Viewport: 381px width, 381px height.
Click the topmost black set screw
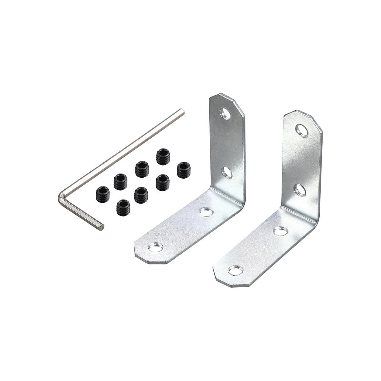pos(163,157)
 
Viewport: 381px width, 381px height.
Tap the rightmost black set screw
pos(183,170)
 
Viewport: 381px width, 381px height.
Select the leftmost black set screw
pos(103,194)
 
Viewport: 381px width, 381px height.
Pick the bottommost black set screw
pos(123,207)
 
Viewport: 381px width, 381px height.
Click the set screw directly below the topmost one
pos(163,182)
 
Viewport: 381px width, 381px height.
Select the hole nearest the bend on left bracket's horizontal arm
pos(206,212)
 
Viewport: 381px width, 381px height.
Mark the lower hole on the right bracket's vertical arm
pos(300,190)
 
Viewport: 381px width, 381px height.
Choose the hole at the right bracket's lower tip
pos(235,270)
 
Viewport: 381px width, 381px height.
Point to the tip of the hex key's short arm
pos(102,227)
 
